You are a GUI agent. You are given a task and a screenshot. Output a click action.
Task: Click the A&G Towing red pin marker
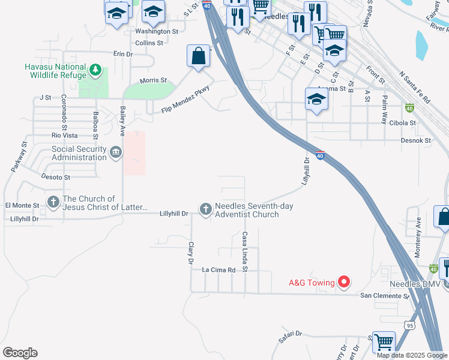[x=344, y=281]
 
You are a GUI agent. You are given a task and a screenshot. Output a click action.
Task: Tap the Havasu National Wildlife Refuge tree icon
[x=95, y=71]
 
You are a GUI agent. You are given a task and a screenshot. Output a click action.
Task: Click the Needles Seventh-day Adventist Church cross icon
[x=205, y=209]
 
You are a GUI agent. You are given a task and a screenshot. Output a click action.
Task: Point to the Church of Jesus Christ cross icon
[x=53, y=202]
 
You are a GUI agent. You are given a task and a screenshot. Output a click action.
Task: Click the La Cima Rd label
[x=218, y=270]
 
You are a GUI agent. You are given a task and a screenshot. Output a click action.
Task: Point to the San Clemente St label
[x=384, y=296]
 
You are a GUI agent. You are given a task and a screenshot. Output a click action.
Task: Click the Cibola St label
[x=403, y=122]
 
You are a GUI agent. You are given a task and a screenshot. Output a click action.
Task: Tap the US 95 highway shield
[x=410, y=325]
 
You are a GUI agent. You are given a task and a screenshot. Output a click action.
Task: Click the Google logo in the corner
[x=20, y=353]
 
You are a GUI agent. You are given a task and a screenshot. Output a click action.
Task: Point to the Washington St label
[x=157, y=31]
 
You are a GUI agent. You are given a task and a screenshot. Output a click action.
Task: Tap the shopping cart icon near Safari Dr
[x=384, y=342]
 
